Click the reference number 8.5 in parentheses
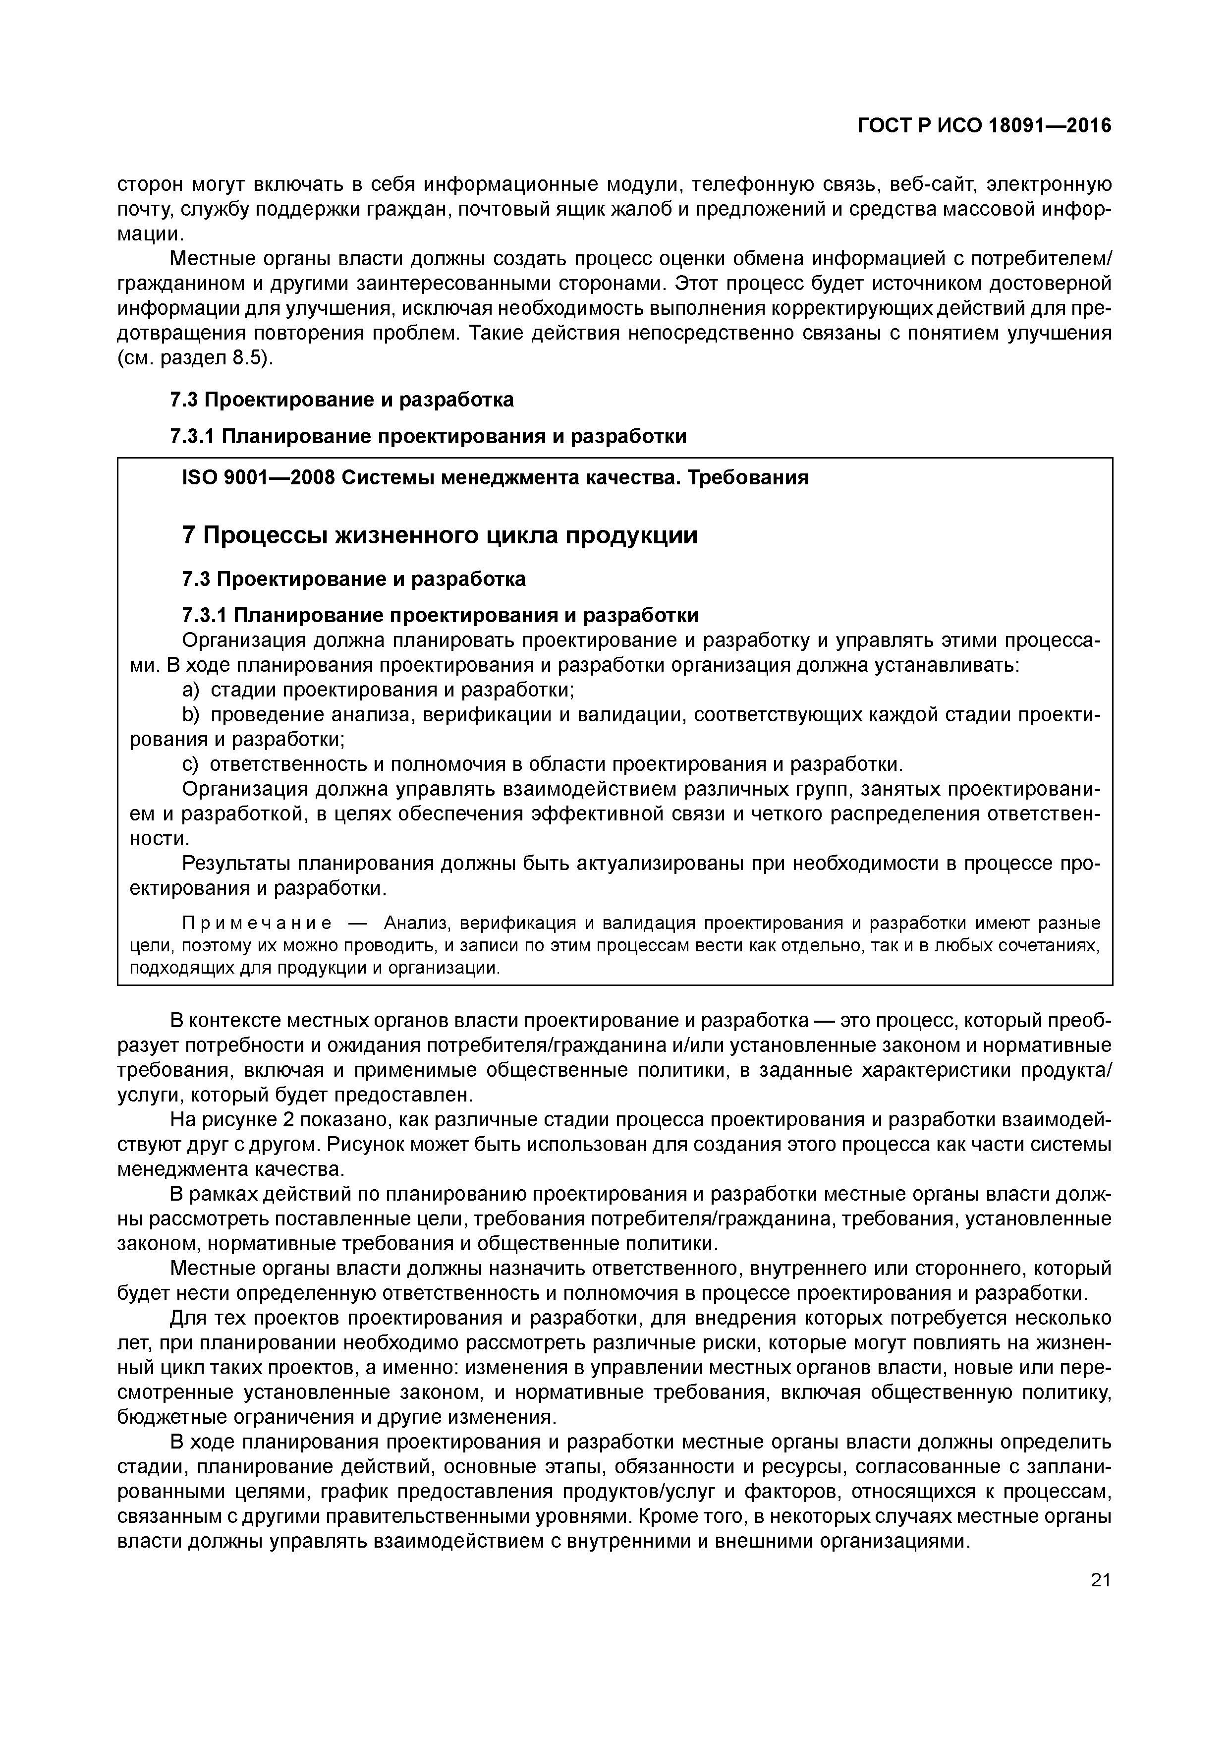[248, 358]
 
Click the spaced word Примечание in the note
[258, 923]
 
